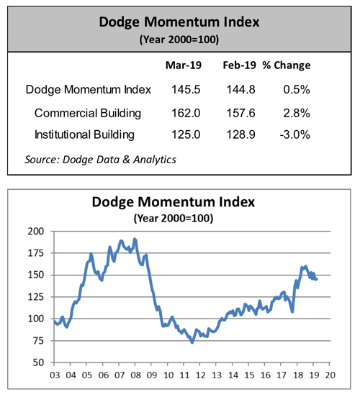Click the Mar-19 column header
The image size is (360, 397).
coord(184,65)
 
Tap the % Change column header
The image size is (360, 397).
coord(288,65)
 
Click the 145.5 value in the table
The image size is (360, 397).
coord(186,90)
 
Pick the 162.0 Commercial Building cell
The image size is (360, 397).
coord(186,113)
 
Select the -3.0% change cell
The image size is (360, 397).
coord(295,134)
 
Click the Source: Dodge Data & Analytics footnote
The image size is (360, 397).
coord(101,158)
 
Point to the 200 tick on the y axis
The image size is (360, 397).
coord(36,232)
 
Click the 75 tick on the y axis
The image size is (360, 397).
coord(38,340)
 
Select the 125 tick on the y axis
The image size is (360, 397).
coord(36,297)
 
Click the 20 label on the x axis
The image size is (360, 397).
coord(329,374)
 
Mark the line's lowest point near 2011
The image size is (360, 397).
coord(192,342)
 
